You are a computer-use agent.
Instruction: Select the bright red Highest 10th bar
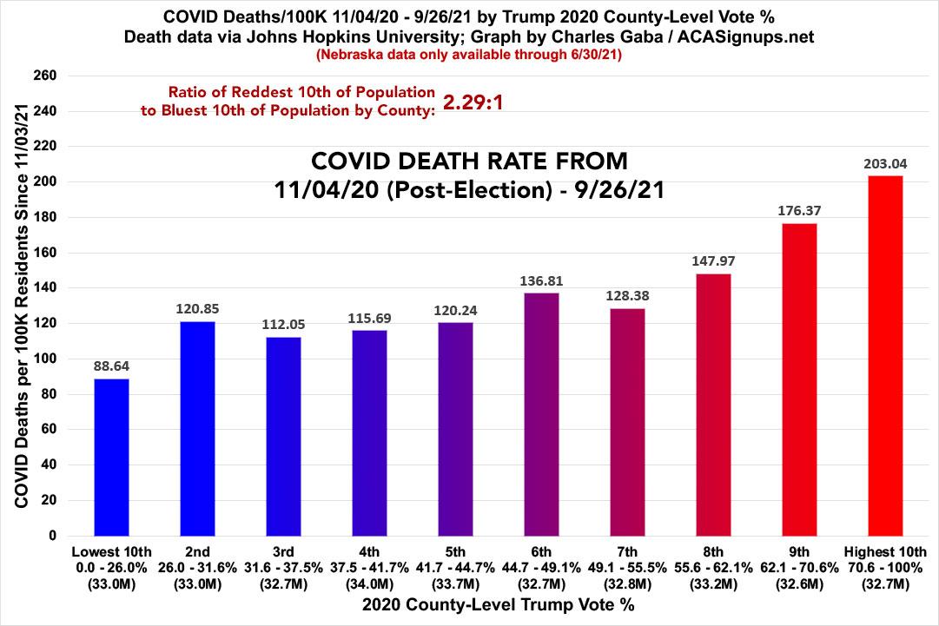[x=885, y=356]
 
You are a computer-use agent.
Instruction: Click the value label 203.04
[x=885, y=163]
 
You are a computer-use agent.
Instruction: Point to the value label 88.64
[x=111, y=366]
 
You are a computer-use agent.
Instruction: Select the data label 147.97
[x=713, y=260]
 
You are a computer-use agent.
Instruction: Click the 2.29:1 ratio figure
[x=473, y=102]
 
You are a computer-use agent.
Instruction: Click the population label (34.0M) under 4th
[x=369, y=584]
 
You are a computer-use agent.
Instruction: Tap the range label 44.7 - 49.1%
[x=541, y=568]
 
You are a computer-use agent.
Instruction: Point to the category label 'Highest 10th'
[x=885, y=551]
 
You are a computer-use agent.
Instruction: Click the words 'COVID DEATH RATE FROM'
[x=469, y=162]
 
